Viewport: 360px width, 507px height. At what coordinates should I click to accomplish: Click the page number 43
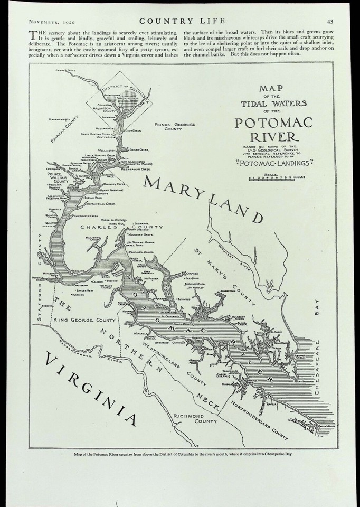[x=329, y=21]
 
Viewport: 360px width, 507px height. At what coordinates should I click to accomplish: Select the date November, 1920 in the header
[x=48, y=21]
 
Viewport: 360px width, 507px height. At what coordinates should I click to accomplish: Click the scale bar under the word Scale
[x=273, y=178]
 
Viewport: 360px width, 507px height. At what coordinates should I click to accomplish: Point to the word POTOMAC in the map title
[x=274, y=124]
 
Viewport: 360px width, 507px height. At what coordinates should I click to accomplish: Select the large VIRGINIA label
[x=90, y=389]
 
